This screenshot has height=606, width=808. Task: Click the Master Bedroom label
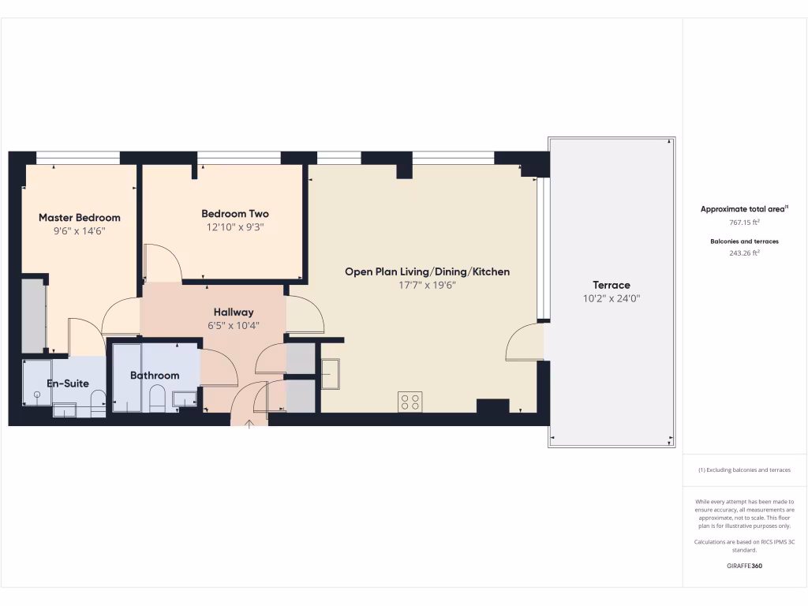tap(80, 217)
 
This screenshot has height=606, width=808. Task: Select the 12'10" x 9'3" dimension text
tap(235, 227)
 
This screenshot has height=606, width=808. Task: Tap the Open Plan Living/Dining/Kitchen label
tap(427, 271)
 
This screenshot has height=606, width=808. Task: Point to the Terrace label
tap(612, 285)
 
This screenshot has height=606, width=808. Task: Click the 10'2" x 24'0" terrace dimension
tap(612, 299)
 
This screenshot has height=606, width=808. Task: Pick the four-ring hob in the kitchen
tap(410, 402)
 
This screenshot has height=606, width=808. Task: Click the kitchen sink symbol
tap(330, 373)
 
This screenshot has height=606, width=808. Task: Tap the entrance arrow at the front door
tap(249, 425)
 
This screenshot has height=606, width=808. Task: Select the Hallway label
tap(234, 312)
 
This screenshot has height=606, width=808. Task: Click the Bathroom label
tap(155, 376)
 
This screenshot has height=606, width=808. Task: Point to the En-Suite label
tap(67, 383)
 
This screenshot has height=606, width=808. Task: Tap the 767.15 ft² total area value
tap(744, 223)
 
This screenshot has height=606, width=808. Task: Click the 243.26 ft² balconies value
tap(744, 252)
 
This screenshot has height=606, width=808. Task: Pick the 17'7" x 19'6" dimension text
tap(427, 286)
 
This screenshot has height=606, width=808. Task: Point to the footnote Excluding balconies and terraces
tap(744, 469)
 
